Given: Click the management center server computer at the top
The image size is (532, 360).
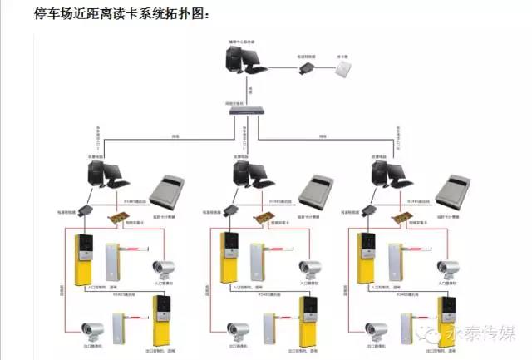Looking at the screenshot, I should (242, 64).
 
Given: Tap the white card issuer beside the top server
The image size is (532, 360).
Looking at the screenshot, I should (343, 71).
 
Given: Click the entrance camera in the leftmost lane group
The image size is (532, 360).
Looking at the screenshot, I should (163, 269).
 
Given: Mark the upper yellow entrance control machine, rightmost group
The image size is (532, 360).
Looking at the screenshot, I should (366, 258).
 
